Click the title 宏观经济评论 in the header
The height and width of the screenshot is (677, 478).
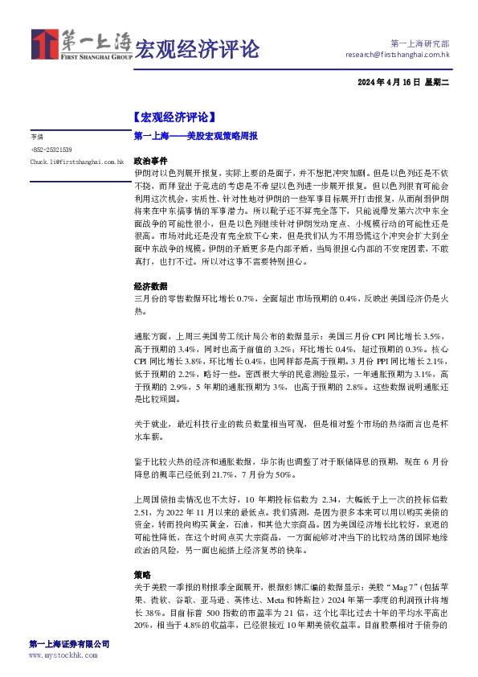pyautogui.click(x=196, y=49)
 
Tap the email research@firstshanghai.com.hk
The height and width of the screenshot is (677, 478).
pyautogui.click(x=397, y=55)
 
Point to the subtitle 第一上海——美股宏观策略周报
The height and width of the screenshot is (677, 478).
pyautogui.click(x=196, y=137)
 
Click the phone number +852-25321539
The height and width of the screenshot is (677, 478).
pyautogui.click(x=51, y=150)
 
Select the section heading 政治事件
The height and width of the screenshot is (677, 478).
pyautogui.click(x=150, y=161)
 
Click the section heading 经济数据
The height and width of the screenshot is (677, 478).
pyautogui.click(x=150, y=285)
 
